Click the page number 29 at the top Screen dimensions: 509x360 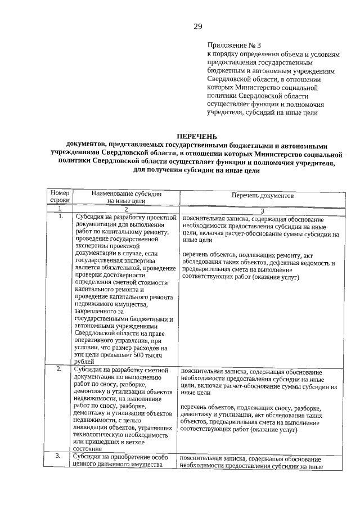[197, 26]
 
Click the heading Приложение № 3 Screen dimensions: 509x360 [234, 45]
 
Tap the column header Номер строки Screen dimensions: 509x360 [60, 196]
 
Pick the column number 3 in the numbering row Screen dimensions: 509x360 [262, 210]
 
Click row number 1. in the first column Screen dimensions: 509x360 [60, 216]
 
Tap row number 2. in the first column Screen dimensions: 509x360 [60, 370]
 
